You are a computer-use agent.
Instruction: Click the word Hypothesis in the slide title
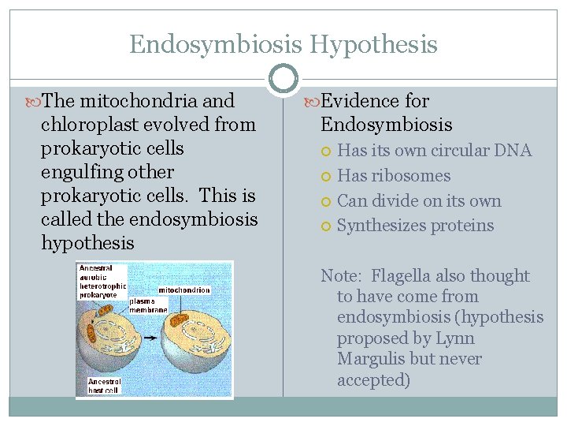pos(373,44)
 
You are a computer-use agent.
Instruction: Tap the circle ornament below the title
pos(283,79)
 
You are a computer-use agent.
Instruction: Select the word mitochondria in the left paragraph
pos(150,101)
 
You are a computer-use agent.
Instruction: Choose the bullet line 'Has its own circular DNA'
pos(434,151)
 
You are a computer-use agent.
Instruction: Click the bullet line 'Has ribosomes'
pos(394,176)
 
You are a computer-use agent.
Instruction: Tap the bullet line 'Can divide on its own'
pos(419,201)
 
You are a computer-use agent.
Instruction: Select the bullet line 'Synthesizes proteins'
pos(415,226)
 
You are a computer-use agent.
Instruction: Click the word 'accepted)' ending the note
pos(373,379)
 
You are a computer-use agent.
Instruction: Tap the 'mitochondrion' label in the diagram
pos(184,290)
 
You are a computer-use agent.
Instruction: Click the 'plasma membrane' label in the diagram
pos(148,305)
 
